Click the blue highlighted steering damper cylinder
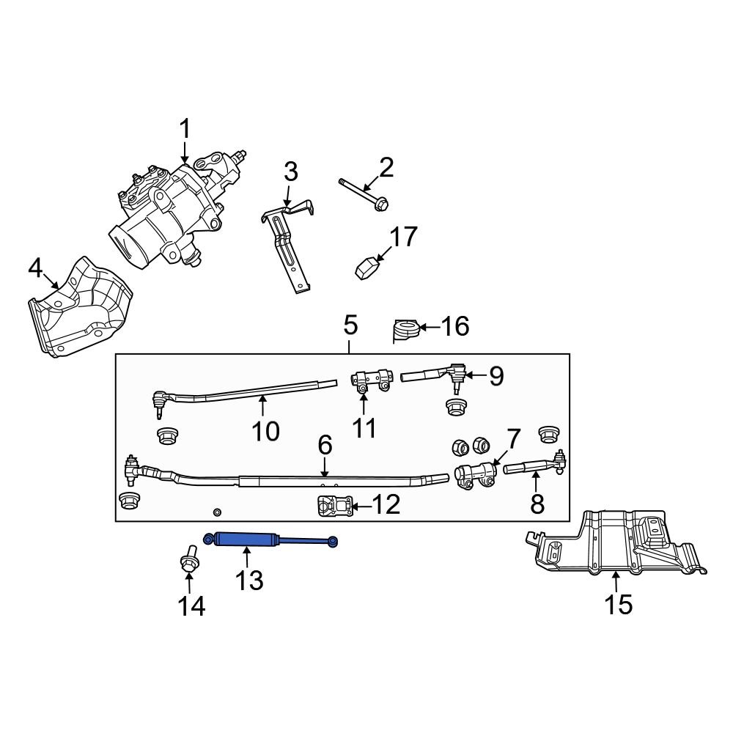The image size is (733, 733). click(246, 540)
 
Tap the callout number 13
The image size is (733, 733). click(248, 581)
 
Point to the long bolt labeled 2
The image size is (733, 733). click(363, 193)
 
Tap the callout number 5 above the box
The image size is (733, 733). click(350, 325)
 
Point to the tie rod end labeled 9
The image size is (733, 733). click(440, 377)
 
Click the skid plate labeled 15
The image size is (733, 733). click(616, 546)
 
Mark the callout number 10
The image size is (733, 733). click(265, 432)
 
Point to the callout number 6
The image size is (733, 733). click(325, 445)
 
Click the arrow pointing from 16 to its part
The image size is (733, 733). click(430, 327)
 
